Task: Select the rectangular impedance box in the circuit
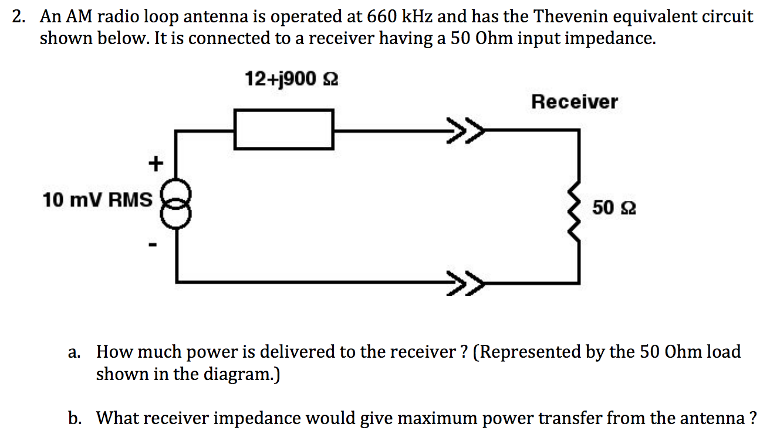(x=285, y=129)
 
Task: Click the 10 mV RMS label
(x=97, y=200)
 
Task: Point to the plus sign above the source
(x=155, y=164)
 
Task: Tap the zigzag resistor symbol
(x=578, y=209)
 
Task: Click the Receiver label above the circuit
(x=574, y=102)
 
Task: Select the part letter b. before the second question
(x=74, y=418)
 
